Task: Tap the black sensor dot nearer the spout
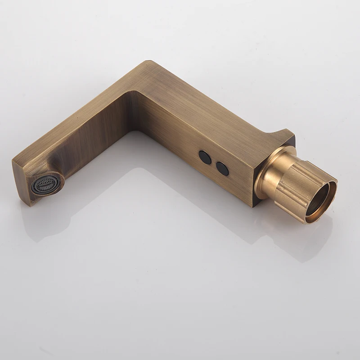[x=205, y=157]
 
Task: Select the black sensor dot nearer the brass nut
[x=222, y=168]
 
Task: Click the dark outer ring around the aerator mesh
[x=36, y=189]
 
